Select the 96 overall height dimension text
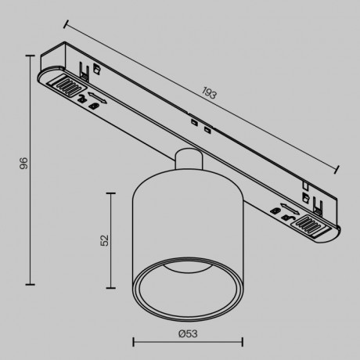24,164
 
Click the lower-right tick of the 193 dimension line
338,169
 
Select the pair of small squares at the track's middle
200,125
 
